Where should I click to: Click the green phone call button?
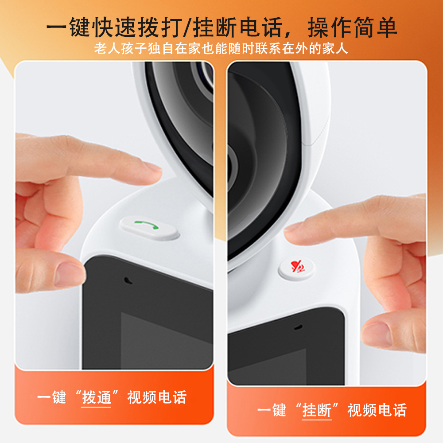(149, 228)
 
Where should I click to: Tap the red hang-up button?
(296, 268)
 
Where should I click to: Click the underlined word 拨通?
(96, 397)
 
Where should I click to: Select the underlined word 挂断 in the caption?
(316, 410)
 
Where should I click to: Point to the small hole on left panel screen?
(128, 280)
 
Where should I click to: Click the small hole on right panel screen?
(298, 327)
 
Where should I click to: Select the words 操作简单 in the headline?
(353, 27)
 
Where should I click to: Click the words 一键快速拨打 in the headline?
(114, 27)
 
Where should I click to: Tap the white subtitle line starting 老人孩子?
(221, 48)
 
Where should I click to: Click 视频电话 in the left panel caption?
(157, 397)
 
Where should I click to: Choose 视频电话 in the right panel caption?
(377, 410)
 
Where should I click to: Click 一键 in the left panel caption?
(51, 397)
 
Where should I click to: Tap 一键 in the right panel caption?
(272, 410)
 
